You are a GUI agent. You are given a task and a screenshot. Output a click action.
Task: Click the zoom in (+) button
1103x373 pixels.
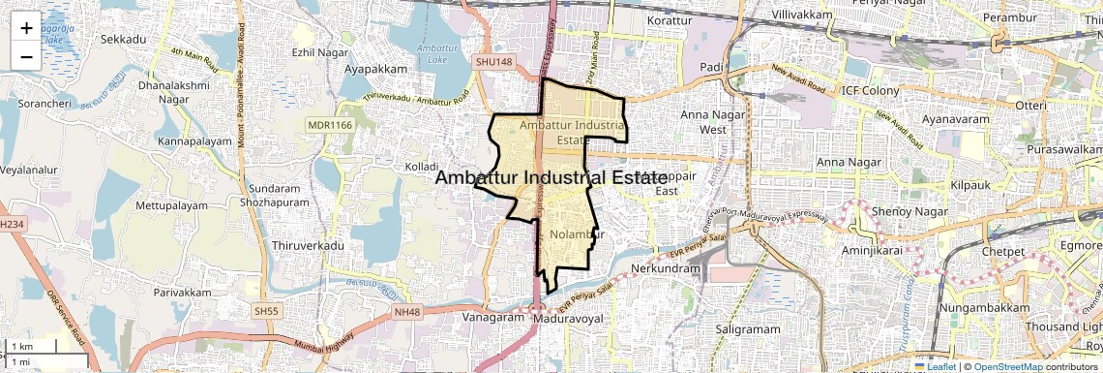pyautogui.click(x=26, y=27)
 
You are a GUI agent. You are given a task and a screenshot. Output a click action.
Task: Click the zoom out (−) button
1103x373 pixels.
pyautogui.click(x=26, y=56)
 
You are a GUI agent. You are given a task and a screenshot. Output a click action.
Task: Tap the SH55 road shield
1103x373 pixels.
pyautogui.click(x=265, y=310)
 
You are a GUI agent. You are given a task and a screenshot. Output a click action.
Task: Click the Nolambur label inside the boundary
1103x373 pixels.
pyautogui.click(x=576, y=234)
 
